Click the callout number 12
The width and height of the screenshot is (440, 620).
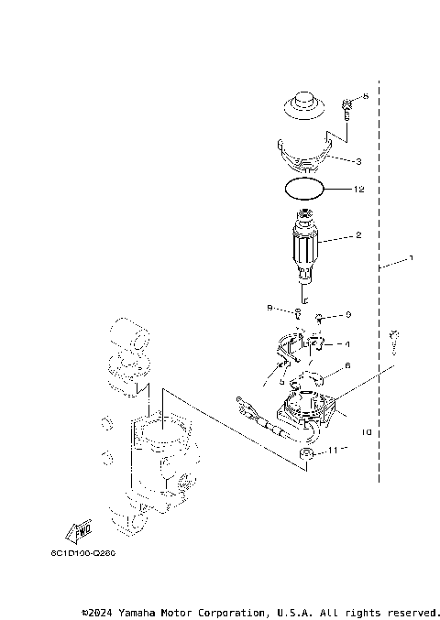point(360,190)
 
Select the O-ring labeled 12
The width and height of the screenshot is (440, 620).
point(304,190)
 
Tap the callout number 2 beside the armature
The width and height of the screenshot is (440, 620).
point(358,235)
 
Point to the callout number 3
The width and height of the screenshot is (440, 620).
point(358,161)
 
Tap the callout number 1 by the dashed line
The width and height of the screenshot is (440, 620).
point(411,259)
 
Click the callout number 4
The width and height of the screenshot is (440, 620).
point(347,344)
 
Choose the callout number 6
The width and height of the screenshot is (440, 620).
point(347,367)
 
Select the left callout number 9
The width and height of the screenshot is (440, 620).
point(269,308)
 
